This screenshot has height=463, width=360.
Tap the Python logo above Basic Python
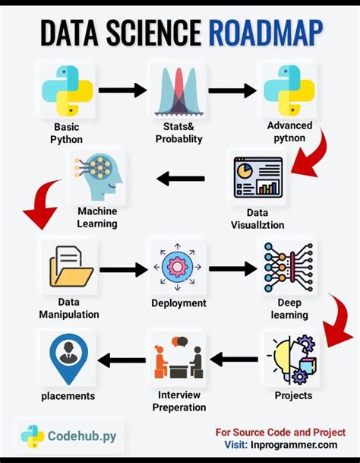(x=66, y=90)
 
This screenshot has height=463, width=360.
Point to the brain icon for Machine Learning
(x=96, y=176)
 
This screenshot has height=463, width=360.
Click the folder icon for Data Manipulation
(x=70, y=269)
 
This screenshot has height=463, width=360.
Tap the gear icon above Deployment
(x=178, y=268)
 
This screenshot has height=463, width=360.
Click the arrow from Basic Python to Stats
(x=122, y=90)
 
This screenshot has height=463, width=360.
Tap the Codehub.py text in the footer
(x=82, y=436)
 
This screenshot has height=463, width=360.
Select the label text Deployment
(x=178, y=303)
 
